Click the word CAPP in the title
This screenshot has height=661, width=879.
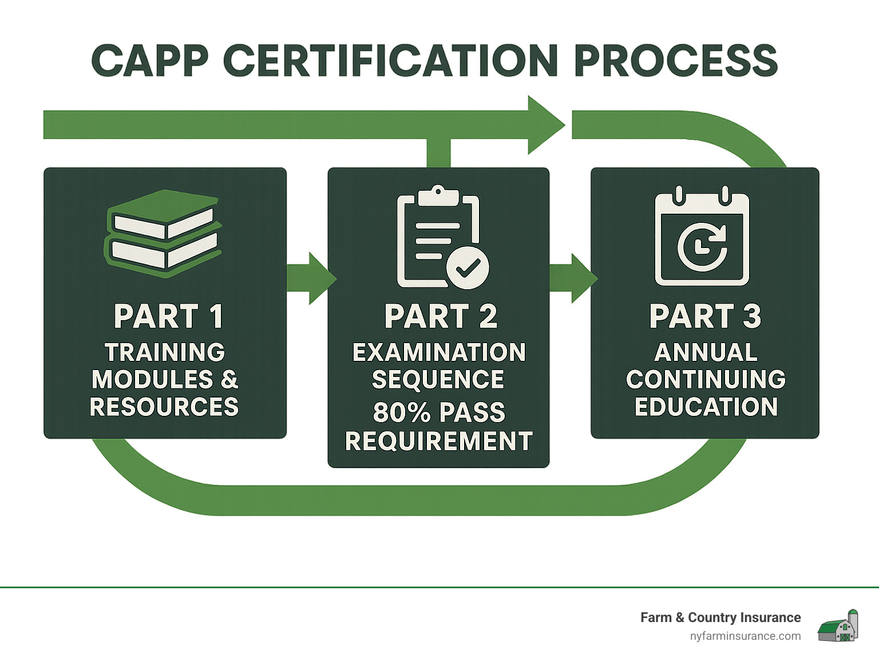[150, 61]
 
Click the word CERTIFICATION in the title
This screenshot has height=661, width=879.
[390, 61]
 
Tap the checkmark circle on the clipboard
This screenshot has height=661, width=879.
[468, 267]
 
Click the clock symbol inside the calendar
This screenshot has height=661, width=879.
[702, 247]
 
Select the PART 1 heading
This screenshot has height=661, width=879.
[168, 316]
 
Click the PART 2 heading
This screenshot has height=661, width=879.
[441, 316]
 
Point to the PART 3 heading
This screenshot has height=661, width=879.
[705, 316]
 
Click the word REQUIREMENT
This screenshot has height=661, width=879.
[439, 441]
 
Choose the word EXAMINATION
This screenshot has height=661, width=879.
[439, 352]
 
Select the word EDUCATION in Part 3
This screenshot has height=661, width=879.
[706, 407]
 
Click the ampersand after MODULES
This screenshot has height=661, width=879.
[229, 379]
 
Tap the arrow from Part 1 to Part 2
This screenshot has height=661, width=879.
[311, 278]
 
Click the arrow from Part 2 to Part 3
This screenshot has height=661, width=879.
[573, 278]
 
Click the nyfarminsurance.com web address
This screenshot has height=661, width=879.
[745, 636]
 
